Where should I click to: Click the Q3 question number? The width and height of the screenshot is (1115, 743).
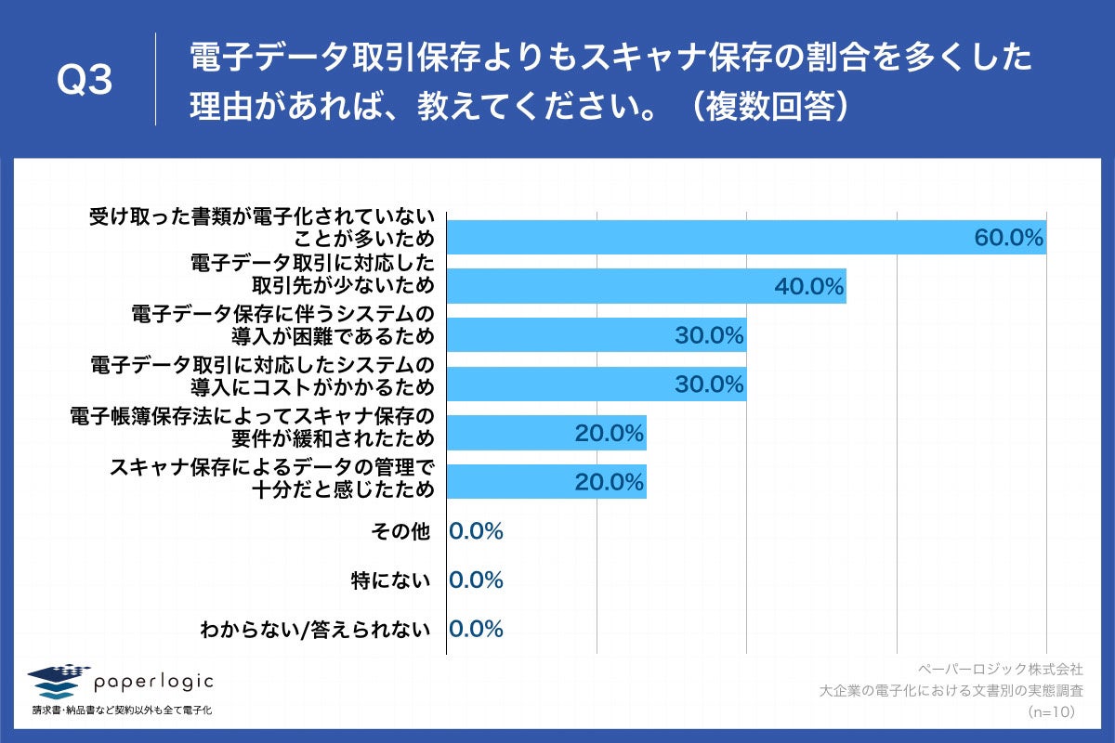click(x=85, y=83)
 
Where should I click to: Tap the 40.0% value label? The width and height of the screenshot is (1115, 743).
click(x=808, y=286)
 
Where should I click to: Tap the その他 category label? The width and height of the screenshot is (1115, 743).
click(x=400, y=532)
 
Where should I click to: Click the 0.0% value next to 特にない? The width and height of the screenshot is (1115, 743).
click(x=476, y=580)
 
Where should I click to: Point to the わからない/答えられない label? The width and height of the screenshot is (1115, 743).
click(x=316, y=630)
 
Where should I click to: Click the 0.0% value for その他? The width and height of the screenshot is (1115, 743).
click(x=476, y=531)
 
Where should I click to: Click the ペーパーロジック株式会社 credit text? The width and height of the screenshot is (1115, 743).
click(x=1000, y=669)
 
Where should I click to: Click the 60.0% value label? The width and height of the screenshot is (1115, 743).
click(x=1009, y=237)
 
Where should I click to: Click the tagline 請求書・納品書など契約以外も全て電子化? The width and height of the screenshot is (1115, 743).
click(x=122, y=711)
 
